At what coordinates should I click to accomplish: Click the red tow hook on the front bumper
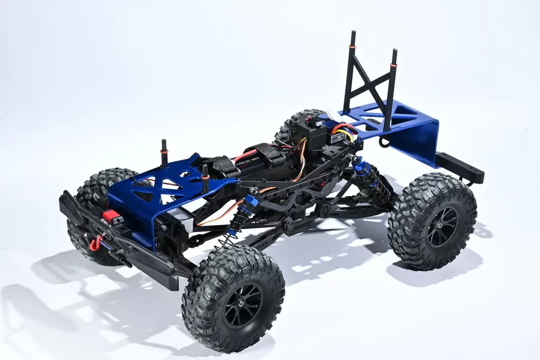tap(95, 243)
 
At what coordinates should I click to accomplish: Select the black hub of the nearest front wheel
tap(243, 305)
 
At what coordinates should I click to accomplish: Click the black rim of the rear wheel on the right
tap(442, 226)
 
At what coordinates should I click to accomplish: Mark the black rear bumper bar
tap(460, 167)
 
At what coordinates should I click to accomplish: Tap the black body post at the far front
tap(164, 153)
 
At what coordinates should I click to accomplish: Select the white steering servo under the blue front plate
tap(180, 222)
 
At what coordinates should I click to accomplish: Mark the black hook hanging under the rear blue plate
tap(384, 142)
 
